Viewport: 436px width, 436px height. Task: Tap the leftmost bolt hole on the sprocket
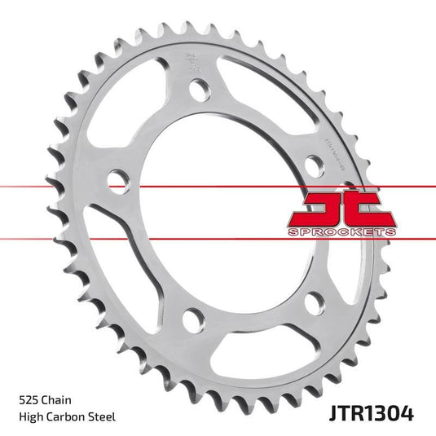(117, 178)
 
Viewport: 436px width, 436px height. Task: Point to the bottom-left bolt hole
(192, 319)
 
